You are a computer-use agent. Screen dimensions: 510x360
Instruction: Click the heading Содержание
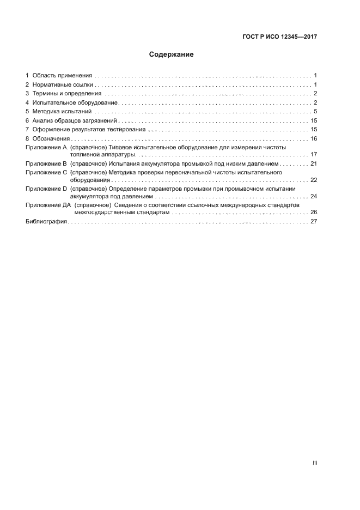[171, 54]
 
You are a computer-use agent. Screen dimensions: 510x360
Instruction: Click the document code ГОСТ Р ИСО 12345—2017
[279, 37]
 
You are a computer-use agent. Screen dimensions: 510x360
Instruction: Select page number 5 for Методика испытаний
[315, 112]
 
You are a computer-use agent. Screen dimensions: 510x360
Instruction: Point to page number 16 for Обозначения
[313, 139]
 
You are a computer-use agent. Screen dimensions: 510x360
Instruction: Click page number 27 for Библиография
[313, 222]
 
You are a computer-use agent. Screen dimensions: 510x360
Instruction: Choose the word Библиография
[46, 222]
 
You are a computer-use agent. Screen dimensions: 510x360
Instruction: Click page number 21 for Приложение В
[313, 163]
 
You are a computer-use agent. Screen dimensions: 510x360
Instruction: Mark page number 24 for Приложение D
[313, 196]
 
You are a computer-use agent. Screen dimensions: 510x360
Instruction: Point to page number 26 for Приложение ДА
[313, 212]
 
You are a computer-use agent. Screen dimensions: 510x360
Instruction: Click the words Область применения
[62, 75]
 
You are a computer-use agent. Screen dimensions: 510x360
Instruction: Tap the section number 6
[27, 121]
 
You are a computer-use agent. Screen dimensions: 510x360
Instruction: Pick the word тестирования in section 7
[126, 130]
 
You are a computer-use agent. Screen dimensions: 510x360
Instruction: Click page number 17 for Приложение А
[313, 155]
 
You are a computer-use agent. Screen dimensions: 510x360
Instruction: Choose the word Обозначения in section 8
[51, 139]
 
